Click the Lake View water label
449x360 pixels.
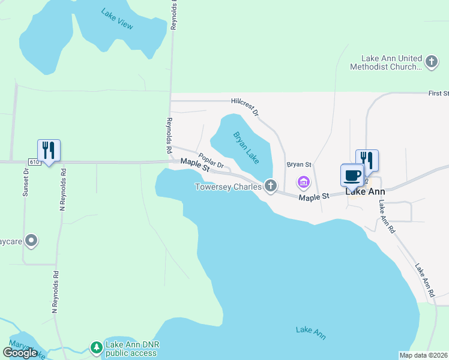(x=117, y=19)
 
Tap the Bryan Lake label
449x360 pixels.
(x=247, y=148)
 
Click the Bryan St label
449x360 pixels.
(x=299, y=164)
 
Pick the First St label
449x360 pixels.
(x=438, y=94)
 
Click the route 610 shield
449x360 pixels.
(x=34, y=162)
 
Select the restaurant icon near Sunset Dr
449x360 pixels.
(x=49, y=149)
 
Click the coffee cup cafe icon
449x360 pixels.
(x=352, y=175)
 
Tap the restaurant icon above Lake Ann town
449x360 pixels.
(x=367, y=160)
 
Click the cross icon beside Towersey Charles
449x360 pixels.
(x=271, y=186)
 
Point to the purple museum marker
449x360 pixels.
(x=304, y=181)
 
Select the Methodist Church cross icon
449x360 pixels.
(x=431, y=61)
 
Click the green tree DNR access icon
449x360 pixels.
(x=96, y=347)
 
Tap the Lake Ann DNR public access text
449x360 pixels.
(x=131, y=349)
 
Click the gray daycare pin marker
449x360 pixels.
(x=32, y=241)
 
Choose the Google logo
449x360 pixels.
(x=20, y=352)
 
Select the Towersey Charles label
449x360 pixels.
(x=228, y=187)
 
